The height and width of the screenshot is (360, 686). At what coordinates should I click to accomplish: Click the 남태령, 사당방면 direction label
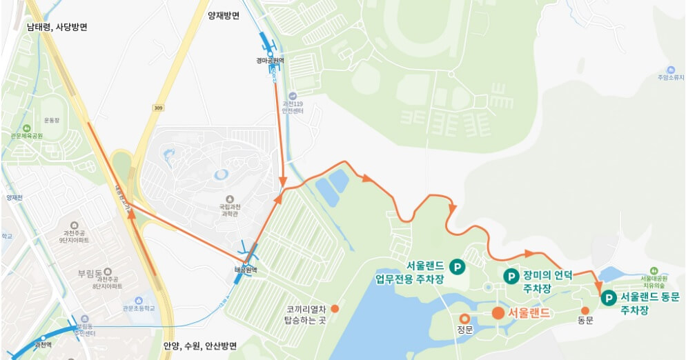(57, 28)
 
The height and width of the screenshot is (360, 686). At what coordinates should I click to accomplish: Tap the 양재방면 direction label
(224, 15)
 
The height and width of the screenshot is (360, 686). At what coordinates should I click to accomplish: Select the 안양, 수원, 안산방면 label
(200, 346)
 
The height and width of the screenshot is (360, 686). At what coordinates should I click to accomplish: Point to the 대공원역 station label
(245, 270)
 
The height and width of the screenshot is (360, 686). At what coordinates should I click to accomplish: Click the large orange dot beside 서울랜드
(498, 313)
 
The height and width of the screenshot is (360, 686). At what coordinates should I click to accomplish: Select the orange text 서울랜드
(529, 313)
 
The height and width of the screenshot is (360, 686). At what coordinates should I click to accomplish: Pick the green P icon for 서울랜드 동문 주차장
(609, 298)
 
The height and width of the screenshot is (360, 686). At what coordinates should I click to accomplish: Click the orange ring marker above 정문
(464, 319)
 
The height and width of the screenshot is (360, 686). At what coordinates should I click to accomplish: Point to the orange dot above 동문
(585, 311)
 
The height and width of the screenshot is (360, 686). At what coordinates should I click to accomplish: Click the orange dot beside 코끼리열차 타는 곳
(335, 308)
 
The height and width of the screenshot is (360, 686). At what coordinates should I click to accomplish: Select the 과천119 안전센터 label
(293, 107)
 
